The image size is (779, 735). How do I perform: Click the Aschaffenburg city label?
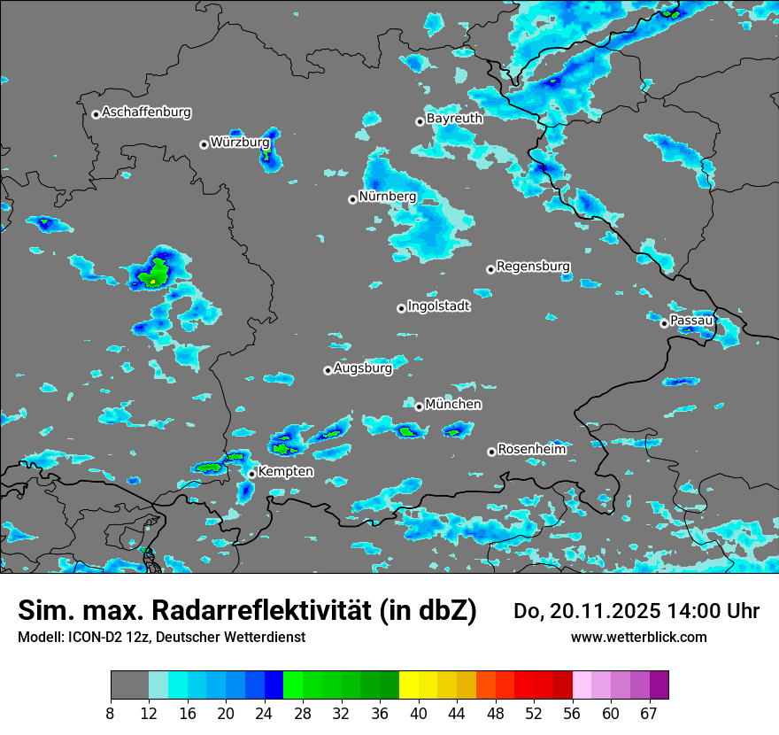(146, 112)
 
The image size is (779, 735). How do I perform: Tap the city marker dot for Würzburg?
(204, 144)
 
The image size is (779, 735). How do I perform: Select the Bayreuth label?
(454, 118)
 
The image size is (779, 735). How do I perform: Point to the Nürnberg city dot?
(352, 199)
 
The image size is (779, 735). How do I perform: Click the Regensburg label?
(533, 266)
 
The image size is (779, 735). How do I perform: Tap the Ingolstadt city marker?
(401, 308)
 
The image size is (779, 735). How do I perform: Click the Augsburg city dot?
(328, 370)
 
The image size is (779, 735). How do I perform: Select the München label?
(453, 404)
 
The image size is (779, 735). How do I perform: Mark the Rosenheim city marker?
(491, 452)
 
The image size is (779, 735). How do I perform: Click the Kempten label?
(285, 472)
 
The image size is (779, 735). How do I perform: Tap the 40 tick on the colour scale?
(419, 714)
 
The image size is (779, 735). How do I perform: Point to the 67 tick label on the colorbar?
(649, 714)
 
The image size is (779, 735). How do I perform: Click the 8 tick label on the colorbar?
(111, 714)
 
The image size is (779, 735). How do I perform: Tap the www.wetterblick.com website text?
(638, 637)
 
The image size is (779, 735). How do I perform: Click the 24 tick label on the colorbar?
(265, 714)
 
